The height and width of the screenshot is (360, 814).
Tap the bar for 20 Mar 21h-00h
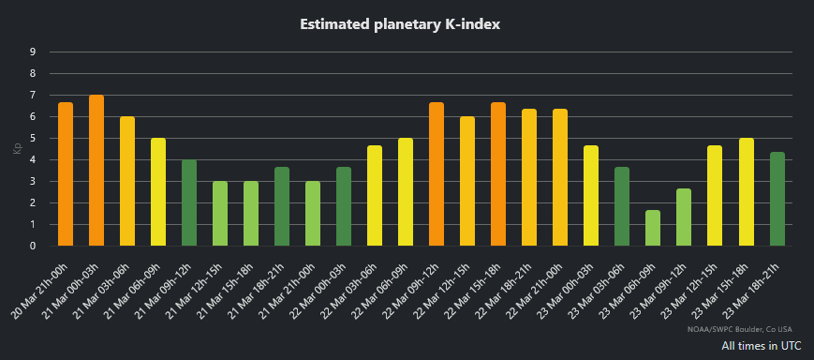coord(66,174)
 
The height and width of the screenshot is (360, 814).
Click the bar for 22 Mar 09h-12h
coord(437,174)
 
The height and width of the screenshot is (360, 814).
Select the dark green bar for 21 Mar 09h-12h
coord(189,202)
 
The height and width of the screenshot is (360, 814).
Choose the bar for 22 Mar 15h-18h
coord(498,174)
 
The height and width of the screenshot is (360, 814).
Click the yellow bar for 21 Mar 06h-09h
coord(158,192)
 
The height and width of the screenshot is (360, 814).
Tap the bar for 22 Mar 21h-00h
coord(560,177)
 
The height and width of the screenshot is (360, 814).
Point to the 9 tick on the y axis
coord(33,52)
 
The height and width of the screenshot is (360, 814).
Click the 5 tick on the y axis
coord(33,138)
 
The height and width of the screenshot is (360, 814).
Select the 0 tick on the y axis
coord(33,246)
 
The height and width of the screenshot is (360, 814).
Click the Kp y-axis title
coord(16,149)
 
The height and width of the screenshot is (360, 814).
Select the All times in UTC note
coord(761,346)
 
